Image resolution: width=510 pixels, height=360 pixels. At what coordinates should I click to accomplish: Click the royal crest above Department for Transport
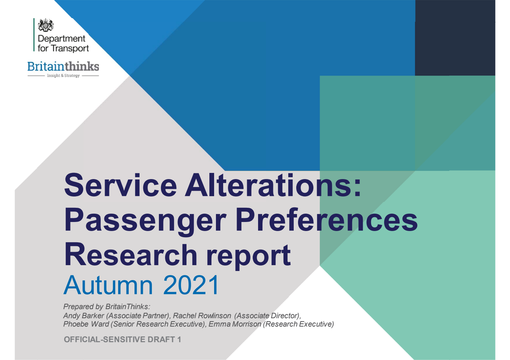(x=46, y=25)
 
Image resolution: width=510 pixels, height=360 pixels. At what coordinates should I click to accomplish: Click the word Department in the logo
(x=61, y=39)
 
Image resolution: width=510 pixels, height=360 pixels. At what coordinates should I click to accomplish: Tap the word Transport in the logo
(x=70, y=48)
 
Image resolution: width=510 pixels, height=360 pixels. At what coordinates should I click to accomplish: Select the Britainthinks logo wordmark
(x=63, y=66)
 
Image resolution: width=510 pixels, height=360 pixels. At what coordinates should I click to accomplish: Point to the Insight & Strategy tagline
(x=63, y=76)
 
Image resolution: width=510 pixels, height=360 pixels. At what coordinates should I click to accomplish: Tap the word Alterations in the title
(x=273, y=185)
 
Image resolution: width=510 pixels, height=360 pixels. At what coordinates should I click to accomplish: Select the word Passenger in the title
(x=145, y=220)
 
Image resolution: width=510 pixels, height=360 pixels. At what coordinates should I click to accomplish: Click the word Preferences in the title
(x=326, y=220)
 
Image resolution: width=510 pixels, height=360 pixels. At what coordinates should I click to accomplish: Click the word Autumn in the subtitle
(x=108, y=285)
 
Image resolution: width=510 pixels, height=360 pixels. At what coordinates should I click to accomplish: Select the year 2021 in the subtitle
(x=191, y=285)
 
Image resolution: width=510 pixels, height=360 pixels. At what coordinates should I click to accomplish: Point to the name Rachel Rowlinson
(x=202, y=316)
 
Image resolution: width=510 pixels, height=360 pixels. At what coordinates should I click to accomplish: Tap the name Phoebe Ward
(x=86, y=324)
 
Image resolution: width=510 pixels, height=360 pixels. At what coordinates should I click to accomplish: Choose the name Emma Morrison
(x=235, y=324)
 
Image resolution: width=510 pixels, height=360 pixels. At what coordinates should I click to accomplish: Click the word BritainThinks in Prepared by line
(x=128, y=307)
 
